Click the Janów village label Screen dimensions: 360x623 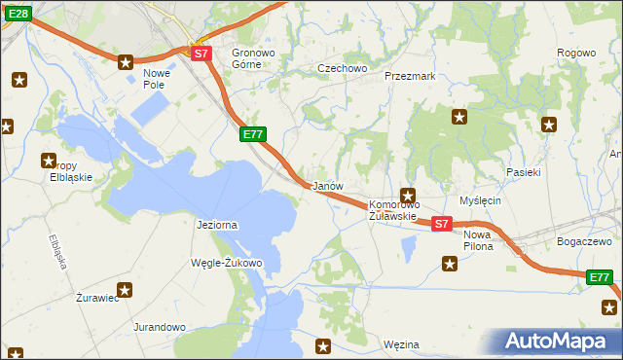coord(326,186)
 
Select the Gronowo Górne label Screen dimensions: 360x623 coord(254,58)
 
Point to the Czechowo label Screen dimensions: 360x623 coord(343,68)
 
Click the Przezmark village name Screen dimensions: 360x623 coord(409,75)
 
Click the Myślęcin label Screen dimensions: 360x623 coord(479,200)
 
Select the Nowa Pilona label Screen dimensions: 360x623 coord(479,240)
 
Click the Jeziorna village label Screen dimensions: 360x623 coord(217,225)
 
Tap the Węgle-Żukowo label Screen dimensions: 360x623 coord(228,263)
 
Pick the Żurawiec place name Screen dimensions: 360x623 coord(97,299)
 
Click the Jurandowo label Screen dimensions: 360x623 coord(160,328)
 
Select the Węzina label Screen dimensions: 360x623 coord(401,344)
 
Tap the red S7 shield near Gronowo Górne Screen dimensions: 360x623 coord(200,54)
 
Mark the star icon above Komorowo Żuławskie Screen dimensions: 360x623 coord(408,195)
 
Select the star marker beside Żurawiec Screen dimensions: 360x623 coord(125,289)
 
